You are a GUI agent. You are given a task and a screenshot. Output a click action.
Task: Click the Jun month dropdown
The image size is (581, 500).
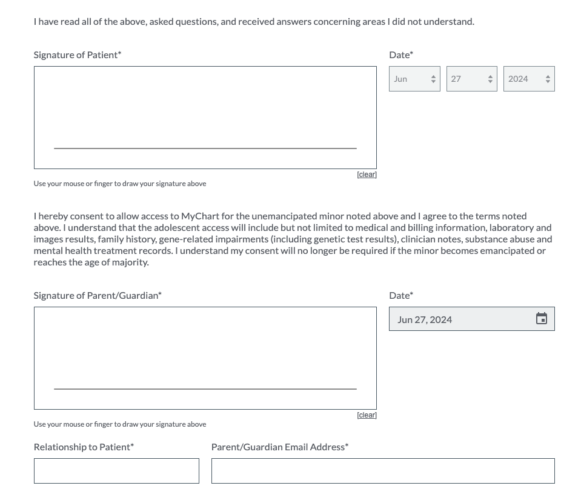[414, 79]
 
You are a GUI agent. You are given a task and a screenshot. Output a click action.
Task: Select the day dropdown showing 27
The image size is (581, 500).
[471, 79]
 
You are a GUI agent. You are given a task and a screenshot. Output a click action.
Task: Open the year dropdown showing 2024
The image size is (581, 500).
[528, 79]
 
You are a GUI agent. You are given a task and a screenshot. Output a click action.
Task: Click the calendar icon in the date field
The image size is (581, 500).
[542, 319]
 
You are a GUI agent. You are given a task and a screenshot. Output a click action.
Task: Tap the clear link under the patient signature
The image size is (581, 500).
[367, 175]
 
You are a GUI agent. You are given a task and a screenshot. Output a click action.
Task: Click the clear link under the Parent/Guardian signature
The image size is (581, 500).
[367, 415]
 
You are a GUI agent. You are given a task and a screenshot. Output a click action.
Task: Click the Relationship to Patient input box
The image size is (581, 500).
[116, 471]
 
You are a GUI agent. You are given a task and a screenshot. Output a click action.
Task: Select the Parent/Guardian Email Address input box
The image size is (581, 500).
[383, 471]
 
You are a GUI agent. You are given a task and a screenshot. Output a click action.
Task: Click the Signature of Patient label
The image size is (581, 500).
[77, 55]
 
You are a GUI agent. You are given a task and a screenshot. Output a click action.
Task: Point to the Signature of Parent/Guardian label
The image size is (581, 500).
[98, 295]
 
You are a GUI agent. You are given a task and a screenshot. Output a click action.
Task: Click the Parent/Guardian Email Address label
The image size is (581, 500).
[279, 447]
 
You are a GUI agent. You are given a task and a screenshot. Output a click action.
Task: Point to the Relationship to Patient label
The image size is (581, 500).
[84, 447]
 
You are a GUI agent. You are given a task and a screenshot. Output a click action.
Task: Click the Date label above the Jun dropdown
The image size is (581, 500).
[400, 55]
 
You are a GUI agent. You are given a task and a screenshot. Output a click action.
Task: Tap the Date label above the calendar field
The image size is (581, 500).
[400, 295]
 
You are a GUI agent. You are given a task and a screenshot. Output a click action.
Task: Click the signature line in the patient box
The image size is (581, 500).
[205, 148]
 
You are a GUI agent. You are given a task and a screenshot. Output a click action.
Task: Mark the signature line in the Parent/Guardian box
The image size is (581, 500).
[205, 388]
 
